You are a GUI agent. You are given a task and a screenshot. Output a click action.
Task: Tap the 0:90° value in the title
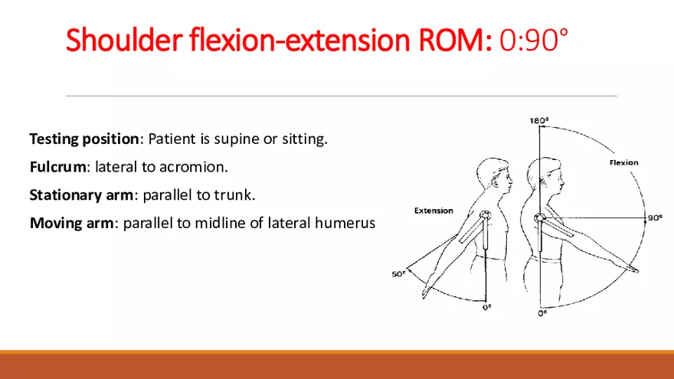(x=533, y=41)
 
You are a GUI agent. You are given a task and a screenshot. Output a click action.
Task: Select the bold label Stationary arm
(x=81, y=195)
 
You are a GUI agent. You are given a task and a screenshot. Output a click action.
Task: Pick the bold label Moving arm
(x=70, y=223)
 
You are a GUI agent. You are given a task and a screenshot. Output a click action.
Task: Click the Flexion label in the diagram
(x=623, y=162)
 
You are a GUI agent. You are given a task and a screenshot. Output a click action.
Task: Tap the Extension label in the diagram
(x=434, y=211)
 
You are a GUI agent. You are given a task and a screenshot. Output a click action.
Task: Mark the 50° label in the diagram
(x=399, y=273)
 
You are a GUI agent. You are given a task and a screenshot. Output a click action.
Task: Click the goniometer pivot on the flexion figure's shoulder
(x=540, y=218)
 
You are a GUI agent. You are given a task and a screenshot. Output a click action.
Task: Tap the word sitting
(x=306, y=139)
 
